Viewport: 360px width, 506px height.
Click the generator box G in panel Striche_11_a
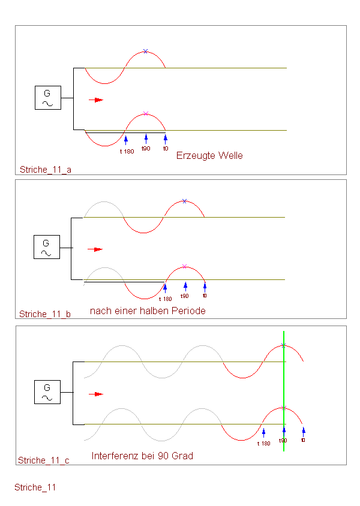coord(48,98)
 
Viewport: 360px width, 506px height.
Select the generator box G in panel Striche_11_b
coord(47,247)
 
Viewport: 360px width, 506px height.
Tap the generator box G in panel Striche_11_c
coord(47,392)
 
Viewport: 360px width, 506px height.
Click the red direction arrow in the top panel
coord(96,100)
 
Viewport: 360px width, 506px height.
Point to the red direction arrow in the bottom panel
coord(96,394)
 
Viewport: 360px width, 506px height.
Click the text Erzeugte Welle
coord(209,155)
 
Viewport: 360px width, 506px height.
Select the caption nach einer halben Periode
coord(148,311)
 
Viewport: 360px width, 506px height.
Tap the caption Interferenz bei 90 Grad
coord(142,456)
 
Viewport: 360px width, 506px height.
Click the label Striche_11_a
coord(46,170)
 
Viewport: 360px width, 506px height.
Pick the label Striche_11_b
coord(45,314)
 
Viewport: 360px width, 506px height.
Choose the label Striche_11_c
coord(44,460)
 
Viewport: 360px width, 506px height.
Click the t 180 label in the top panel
coord(127,151)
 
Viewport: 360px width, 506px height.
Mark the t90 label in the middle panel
coord(184,296)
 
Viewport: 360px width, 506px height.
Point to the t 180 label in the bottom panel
coord(264,444)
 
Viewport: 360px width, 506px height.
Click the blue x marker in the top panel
coord(146,52)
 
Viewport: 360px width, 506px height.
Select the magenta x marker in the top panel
coord(146,113)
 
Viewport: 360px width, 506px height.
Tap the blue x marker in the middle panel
coord(184,201)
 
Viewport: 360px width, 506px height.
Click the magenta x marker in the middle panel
coord(184,266)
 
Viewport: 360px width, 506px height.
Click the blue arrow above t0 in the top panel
coord(166,139)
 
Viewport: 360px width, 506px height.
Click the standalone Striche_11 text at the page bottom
coord(35,487)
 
